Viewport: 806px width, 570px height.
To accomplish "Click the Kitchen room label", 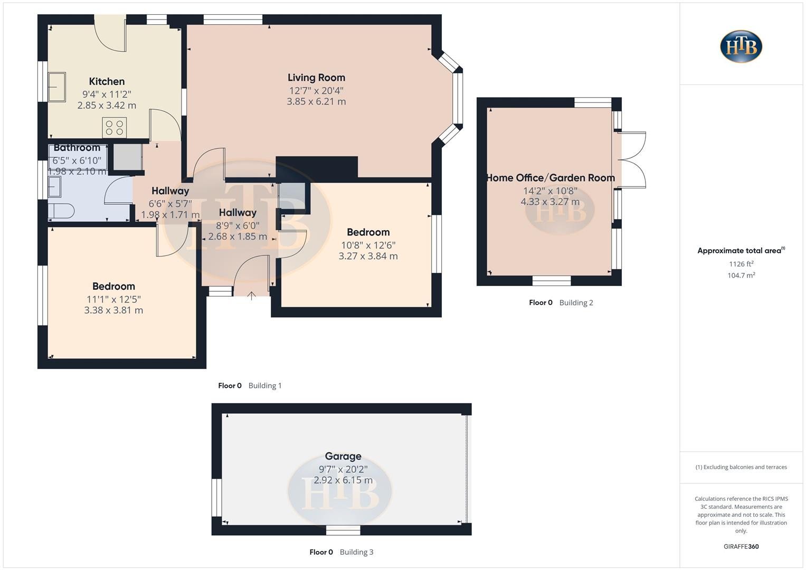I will click(107, 81).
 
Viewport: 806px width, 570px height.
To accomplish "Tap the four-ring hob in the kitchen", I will click(114, 128).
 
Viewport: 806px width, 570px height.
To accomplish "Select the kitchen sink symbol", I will click(56, 87).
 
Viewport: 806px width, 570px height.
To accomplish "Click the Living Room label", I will click(316, 78).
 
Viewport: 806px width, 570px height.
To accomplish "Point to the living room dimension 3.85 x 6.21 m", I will click(316, 101).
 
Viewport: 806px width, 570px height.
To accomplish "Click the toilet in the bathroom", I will click(61, 211).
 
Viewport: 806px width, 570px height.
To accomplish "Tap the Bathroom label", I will click(77, 148).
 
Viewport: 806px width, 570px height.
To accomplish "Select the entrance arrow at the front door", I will click(252, 296).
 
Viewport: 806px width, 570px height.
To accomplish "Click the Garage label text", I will click(343, 456).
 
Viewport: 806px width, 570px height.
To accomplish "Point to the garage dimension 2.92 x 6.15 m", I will click(343, 480).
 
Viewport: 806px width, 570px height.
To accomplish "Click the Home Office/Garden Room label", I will click(550, 178).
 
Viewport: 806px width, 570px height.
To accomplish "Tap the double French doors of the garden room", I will click(632, 159).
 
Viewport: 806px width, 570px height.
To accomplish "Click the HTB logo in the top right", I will click(741, 46).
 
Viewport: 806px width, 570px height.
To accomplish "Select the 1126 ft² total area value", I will click(741, 264).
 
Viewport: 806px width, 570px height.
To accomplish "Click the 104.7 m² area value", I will click(741, 275).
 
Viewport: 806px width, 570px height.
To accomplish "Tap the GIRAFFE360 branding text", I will click(741, 547).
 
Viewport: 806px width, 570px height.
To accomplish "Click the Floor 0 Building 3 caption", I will click(341, 552).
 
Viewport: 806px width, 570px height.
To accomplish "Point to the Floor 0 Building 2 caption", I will click(561, 302).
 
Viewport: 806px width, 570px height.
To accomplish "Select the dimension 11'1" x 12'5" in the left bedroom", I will click(113, 299).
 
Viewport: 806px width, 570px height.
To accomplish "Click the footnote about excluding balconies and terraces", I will click(741, 467).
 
